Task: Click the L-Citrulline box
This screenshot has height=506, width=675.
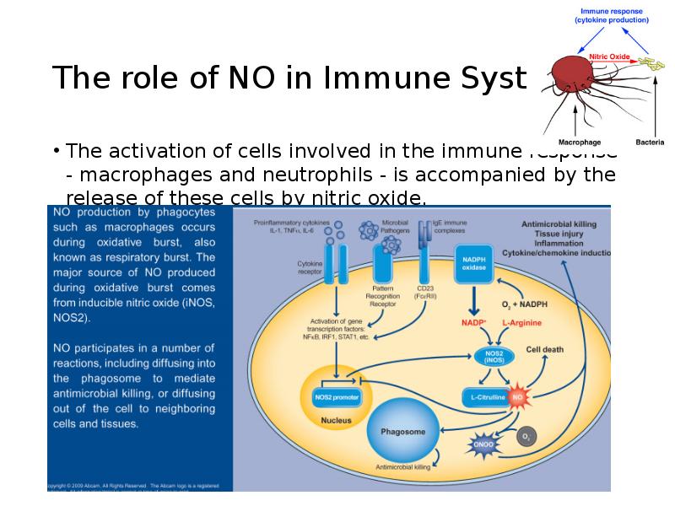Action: coord(484,396)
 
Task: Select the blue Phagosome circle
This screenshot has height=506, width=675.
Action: coord(402,431)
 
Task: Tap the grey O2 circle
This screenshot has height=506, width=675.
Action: coord(526,437)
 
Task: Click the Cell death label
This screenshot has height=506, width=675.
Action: coord(545,348)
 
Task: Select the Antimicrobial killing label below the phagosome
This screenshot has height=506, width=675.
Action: coord(402,466)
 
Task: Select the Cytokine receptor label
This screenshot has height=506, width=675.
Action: coord(310,267)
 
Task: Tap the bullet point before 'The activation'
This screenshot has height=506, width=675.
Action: coord(56,153)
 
